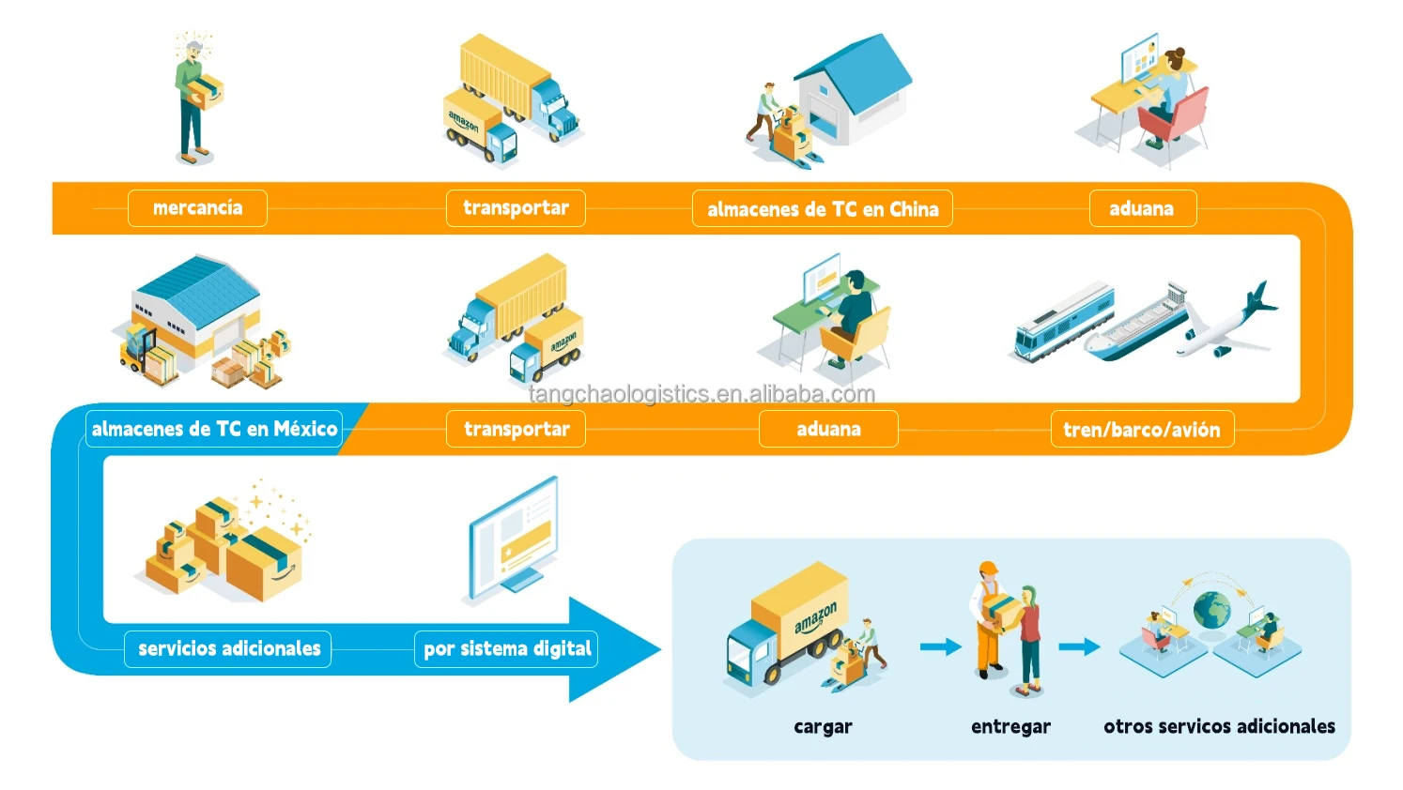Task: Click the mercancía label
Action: coord(197,208)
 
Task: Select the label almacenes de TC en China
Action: coord(823,209)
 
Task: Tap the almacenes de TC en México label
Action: coord(214,429)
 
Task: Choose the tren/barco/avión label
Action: coord(1141,430)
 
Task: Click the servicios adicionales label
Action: coord(228,648)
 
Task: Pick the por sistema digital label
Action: coord(507,648)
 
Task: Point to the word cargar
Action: coord(823,726)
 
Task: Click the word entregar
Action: coord(1010,726)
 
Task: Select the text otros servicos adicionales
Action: coord(1219,726)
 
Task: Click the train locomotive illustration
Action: coord(1061,321)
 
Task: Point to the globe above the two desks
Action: coord(1211,610)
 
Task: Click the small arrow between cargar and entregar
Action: coord(940,646)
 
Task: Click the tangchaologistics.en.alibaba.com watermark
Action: coord(701,394)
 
